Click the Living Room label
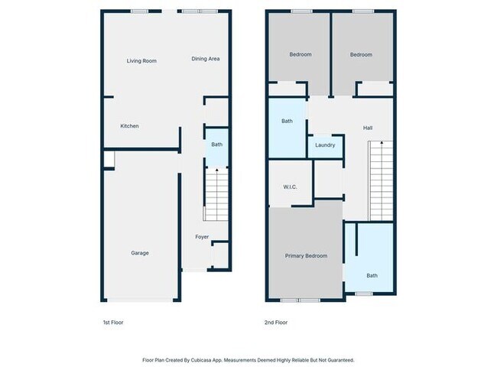pos(141,61)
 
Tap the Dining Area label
pos(206,59)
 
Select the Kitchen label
pos(129,126)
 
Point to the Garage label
pos(139,253)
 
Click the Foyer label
pos(202,237)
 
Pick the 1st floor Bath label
pos(216,144)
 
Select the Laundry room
pos(325,145)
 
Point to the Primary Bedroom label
pos(306,256)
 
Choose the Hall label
pos(368,128)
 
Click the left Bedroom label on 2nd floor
pos(300,55)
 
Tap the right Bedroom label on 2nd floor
pos(361,55)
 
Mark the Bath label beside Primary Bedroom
pos(372,276)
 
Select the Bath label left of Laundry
pos(287,121)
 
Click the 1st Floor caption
pos(113,323)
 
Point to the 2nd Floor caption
pos(278,323)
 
